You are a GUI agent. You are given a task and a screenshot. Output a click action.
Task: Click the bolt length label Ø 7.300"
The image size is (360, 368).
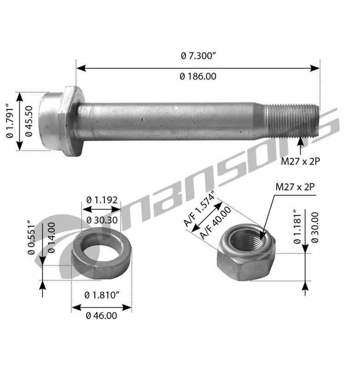tap(198, 56)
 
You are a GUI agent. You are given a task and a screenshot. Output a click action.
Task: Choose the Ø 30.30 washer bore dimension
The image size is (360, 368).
tap(102, 220)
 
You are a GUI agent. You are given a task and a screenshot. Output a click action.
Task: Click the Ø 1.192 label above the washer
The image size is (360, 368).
tap(102, 200)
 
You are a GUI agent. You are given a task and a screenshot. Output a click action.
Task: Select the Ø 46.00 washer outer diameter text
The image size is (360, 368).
tap(101, 316)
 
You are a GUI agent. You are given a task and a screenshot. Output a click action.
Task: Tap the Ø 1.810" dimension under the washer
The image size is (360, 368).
tap(102, 294)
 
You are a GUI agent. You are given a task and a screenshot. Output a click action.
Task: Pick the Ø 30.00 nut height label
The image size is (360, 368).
tap(315, 227)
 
